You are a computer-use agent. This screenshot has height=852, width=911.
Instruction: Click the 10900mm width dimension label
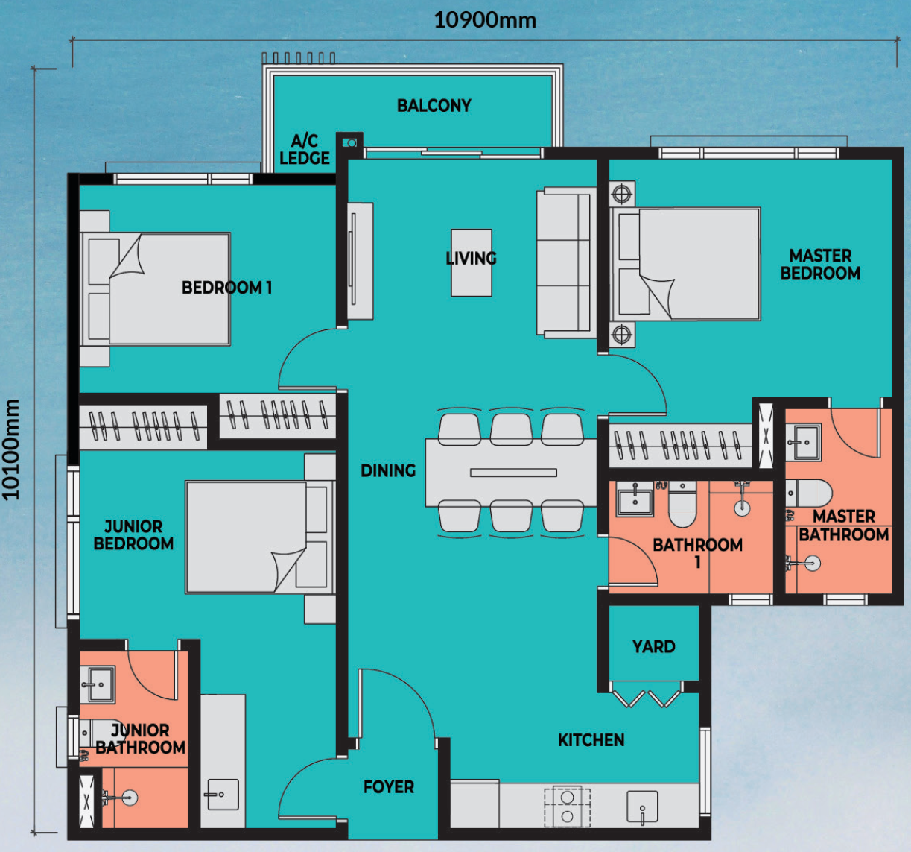point(485,21)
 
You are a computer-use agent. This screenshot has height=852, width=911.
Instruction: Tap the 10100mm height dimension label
point(11,449)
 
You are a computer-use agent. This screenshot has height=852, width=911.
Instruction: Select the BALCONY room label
point(434,106)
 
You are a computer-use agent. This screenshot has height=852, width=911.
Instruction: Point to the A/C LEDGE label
point(305,149)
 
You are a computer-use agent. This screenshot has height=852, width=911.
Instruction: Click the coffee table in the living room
point(472,262)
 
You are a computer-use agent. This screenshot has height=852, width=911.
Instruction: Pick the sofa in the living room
point(567,262)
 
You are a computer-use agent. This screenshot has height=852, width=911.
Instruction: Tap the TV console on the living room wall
point(360,261)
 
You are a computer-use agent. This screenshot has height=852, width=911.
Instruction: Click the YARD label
point(654,647)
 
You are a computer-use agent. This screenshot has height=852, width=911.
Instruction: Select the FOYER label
point(389,787)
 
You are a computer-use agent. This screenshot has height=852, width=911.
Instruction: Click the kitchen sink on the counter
point(642,806)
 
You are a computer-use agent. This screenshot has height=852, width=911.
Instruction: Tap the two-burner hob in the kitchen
point(567,807)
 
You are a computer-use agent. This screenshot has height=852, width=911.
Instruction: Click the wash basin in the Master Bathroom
point(803,443)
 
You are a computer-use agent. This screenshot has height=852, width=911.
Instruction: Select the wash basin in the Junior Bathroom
point(98,685)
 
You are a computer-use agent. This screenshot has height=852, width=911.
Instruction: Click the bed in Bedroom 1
point(155,288)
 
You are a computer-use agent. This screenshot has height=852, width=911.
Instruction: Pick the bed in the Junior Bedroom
point(260,537)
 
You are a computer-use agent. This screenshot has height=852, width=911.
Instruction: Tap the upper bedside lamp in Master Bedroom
point(621,194)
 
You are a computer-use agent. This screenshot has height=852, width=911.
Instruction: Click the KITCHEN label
point(591,740)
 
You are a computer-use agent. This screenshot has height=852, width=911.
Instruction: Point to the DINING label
point(388,470)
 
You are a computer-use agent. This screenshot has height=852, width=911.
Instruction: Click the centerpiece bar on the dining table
point(513,473)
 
